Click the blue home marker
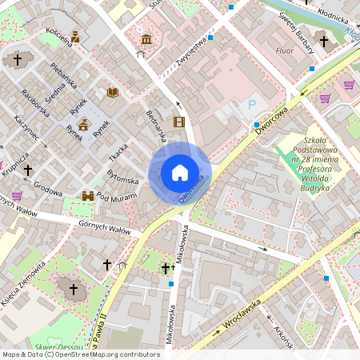(x=180, y=173)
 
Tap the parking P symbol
(x=253, y=105)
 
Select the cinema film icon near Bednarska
(x=178, y=122)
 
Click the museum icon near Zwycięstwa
(x=146, y=39)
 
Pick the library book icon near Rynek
(x=112, y=93)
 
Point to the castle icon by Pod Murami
(x=88, y=196)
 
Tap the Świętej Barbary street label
(x=294, y=26)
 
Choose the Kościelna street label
(x=59, y=36)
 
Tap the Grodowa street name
(x=48, y=191)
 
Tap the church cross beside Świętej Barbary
(x=323, y=42)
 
